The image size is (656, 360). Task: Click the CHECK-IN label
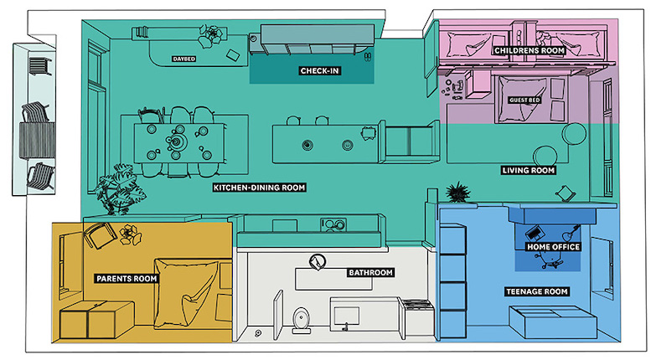pos(319,70)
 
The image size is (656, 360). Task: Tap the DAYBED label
pos(184,59)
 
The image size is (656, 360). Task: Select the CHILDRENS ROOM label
pos(529,50)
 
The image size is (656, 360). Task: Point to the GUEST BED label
pos(524,100)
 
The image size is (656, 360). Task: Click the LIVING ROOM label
pos(529,170)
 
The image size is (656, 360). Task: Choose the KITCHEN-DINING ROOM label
pos(260,188)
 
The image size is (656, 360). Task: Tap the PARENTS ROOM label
pos(127,279)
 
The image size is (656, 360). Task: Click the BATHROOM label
pos(370,273)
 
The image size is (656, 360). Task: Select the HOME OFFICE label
pos(553,247)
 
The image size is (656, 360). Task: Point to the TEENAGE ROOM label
pos(537,291)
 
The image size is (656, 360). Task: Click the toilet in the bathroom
pos(302,321)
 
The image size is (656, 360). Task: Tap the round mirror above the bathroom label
pos(318,262)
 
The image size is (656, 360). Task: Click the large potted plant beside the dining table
pos(119,189)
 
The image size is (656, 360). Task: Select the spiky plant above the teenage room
pos(457,192)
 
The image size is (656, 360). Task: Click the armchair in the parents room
pos(100,235)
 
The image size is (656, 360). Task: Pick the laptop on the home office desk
pos(534,232)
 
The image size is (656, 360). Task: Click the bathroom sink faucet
pos(345,327)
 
